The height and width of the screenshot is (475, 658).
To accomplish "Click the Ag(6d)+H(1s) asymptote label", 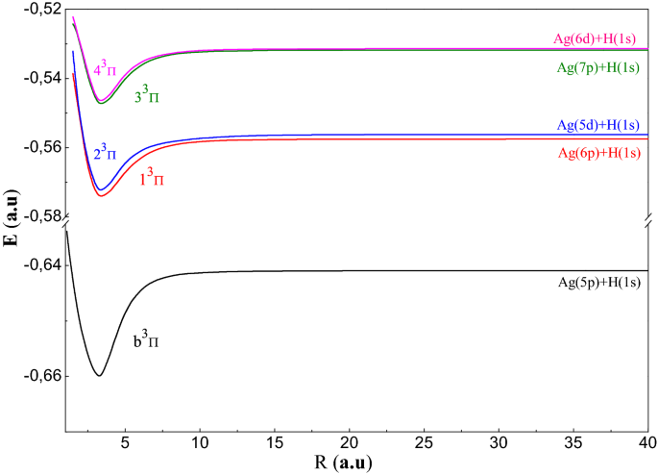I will [x=596, y=39].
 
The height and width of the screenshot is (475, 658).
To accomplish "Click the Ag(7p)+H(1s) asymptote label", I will [x=597, y=68].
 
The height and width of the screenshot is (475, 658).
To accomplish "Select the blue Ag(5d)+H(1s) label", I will [x=597, y=125].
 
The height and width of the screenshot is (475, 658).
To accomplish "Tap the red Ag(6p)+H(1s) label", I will [x=597, y=153].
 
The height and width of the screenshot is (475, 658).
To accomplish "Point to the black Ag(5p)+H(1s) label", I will [x=598, y=284].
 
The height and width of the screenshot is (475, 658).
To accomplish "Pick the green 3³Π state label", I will [x=147, y=97].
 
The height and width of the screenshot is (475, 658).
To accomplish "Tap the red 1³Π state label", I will [x=152, y=178].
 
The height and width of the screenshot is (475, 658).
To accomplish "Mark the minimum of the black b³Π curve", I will [x=99, y=375].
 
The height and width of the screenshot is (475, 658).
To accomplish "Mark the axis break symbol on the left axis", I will [x=64, y=225].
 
